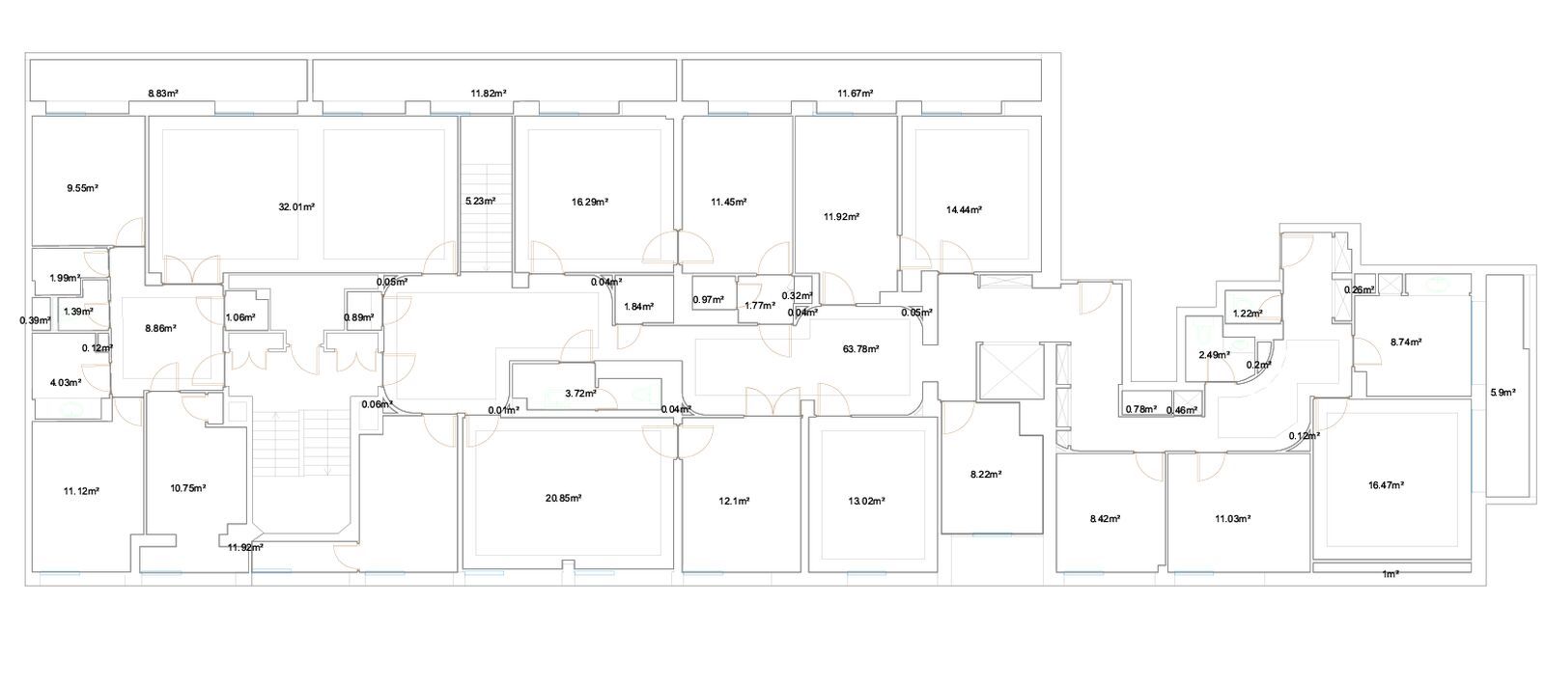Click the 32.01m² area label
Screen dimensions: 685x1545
tap(296, 206)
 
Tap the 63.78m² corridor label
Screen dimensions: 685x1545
tap(860, 349)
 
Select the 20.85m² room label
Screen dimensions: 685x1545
tap(563, 498)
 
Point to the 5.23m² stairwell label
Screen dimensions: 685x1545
tap(480, 202)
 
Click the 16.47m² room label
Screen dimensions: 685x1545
tap(1386, 485)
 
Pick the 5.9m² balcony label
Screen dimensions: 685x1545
tap(1503, 393)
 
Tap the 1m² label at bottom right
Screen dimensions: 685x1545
tap(1390, 574)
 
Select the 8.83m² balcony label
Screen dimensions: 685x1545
tap(163, 94)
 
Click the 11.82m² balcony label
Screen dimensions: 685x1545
tap(489, 94)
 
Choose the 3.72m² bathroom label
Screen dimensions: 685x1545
tap(580, 394)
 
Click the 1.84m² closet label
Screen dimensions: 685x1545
tap(638, 307)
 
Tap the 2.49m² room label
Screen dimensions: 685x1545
tap(1214, 355)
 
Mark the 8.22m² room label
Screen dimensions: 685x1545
tap(986, 474)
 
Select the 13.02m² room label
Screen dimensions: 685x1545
tap(866, 501)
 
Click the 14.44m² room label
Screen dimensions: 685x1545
tap(965, 209)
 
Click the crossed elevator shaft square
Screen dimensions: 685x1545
tap(1010, 370)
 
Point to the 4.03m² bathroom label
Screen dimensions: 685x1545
tap(65, 382)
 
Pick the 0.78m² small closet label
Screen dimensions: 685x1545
tap(1140, 409)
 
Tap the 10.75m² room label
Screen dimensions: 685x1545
tap(187, 488)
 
